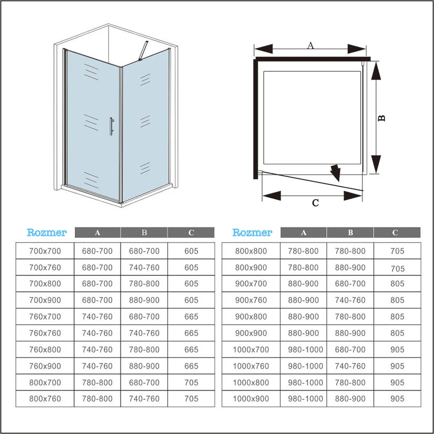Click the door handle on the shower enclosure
(111, 126)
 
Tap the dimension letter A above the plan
(311, 45)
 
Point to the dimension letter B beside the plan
(381, 118)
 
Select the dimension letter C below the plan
(315, 203)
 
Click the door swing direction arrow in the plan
(336, 172)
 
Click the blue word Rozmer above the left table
(46, 233)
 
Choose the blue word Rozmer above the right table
(252, 233)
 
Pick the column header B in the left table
(144, 233)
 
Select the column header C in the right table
(395, 233)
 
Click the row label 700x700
(45, 251)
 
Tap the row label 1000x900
(251, 399)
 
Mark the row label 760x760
(45, 333)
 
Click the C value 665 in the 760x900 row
(191, 366)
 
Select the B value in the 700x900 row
(144, 300)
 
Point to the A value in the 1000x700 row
(305, 350)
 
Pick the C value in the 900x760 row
(397, 300)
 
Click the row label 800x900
(251, 268)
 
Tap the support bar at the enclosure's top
(143, 51)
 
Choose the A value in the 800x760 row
(97, 399)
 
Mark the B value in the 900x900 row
(350, 333)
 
